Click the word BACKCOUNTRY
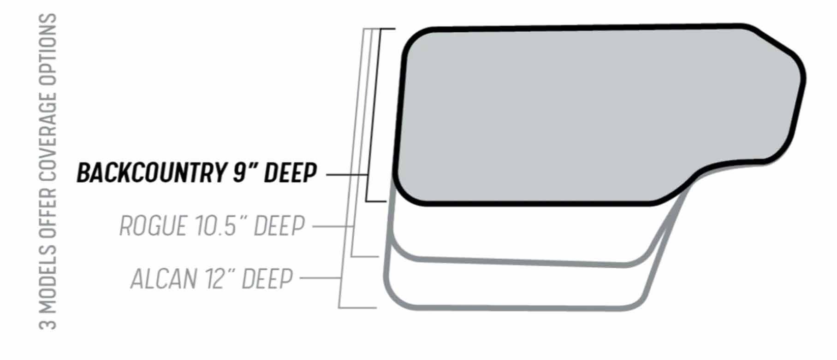point(152,173)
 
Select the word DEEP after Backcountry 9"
point(290,173)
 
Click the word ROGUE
point(152,226)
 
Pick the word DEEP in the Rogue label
point(279,226)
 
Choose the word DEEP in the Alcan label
point(267,279)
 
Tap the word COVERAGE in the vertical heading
point(48,138)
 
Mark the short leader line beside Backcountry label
point(346,175)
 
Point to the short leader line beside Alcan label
point(320,278)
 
